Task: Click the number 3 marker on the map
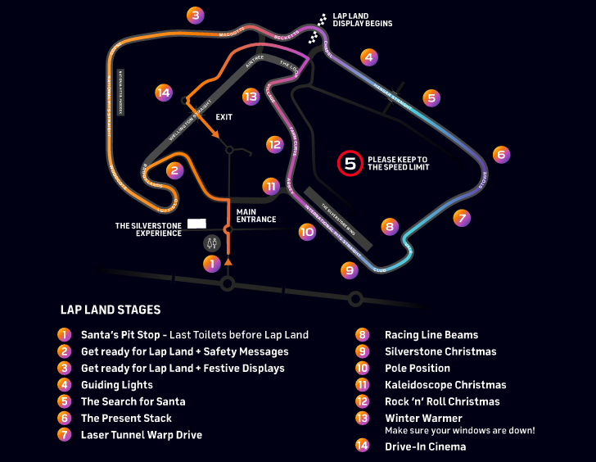(x=195, y=15)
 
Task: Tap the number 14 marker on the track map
(x=164, y=93)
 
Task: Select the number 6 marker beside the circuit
(x=502, y=154)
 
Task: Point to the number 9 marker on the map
(x=350, y=269)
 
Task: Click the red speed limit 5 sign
(x=350, y=163)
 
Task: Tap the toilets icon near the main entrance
(x=212, y=243)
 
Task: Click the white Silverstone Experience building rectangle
(x=196, y=223)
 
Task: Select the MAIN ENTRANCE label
(x=256, y=215)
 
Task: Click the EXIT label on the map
(x=224, y=117)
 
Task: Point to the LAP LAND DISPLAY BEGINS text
(x=363, y=20)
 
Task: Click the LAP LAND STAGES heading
(x=111, y=310)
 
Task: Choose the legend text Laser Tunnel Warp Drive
(x=141, y=434)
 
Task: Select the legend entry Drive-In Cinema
(x=425, y=446)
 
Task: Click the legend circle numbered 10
(x=361, y=368)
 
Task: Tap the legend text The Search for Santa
(x=133, y=401)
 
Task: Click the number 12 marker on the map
(x=274, y=144)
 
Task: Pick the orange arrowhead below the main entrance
(x=228, y=262)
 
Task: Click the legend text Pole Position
(x=418, y=368)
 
